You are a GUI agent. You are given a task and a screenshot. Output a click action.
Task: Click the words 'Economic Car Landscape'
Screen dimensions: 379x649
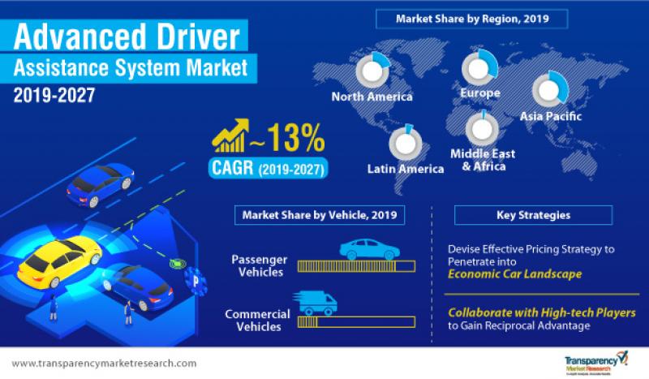pos(514,274)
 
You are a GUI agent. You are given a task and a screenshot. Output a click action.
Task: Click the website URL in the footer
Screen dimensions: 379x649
pos(105,363)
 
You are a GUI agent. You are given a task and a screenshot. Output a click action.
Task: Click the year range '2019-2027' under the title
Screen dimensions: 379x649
pos(54,94)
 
